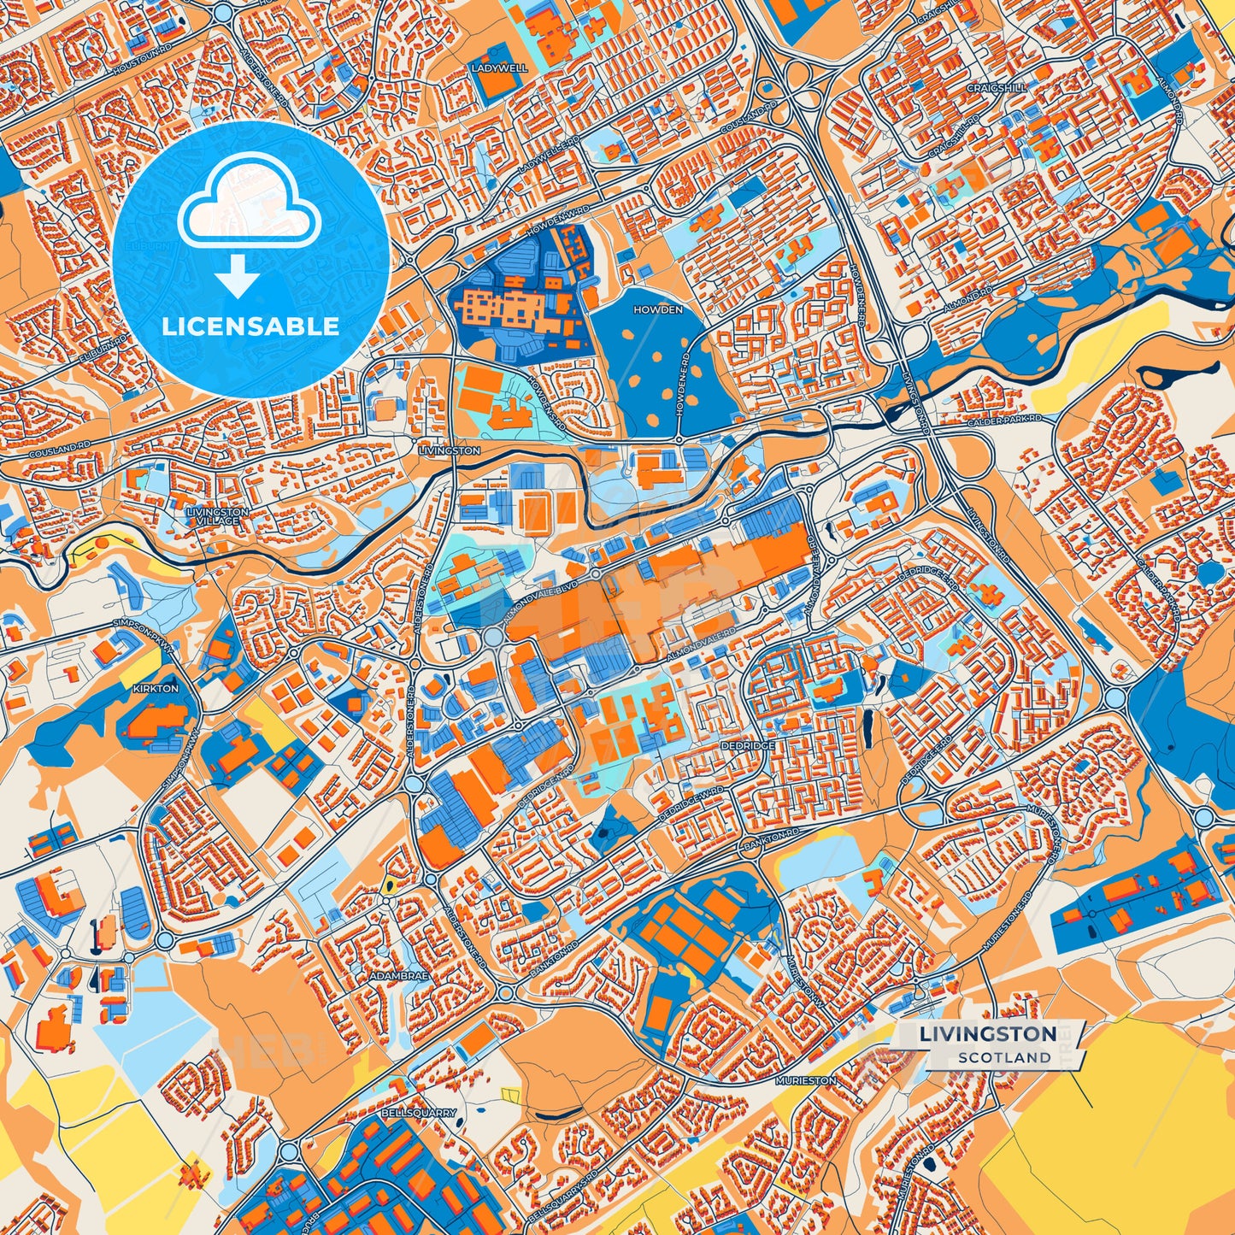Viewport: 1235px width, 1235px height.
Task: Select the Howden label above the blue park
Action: [x=658, y=309]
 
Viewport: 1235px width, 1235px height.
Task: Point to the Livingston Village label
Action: [x=217, y=515]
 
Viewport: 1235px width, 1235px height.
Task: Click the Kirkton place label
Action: [x=156, y=688]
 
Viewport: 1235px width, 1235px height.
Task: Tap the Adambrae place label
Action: [x=398, y=974]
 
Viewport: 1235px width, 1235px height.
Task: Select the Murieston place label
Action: [x=806, y=1080]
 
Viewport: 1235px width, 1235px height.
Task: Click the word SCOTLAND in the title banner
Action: [x=1004, y=1057]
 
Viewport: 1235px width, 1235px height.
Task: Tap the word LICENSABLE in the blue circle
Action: [x=250, y=326]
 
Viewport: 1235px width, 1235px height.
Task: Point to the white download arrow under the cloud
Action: [x=238, y=277]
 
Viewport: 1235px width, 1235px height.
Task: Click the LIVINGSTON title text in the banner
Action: [x=987, y=1034]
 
